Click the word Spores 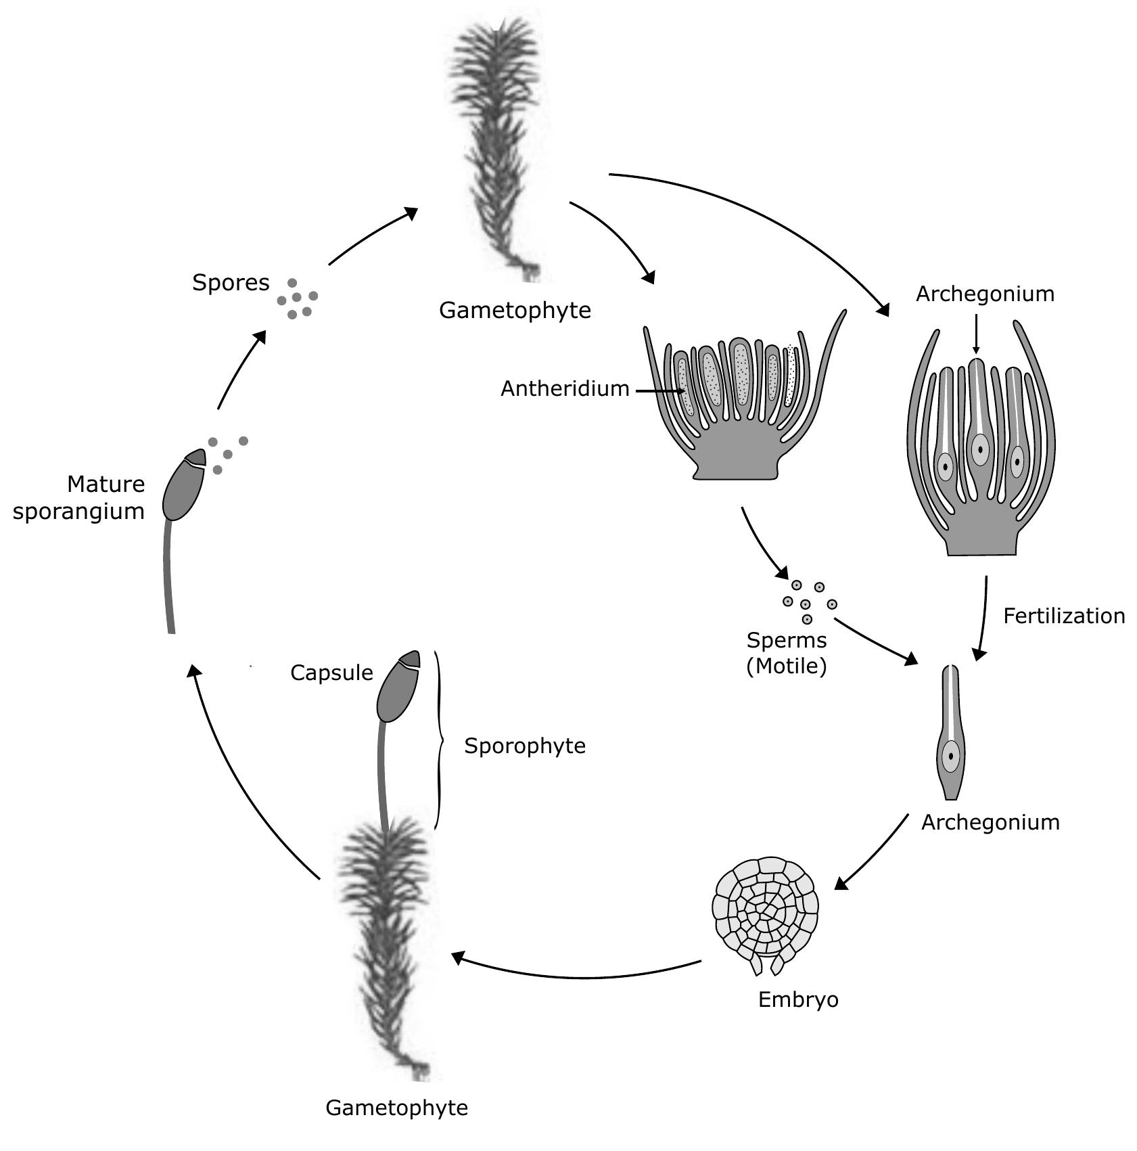click(231, 283)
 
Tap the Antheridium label click(565, 389)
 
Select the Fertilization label click(1063, 616)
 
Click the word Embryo click(798, 1000)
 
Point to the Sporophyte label click(525, 746)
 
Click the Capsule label click(331, 673)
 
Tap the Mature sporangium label click(80, 498)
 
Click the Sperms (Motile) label click(787, 654)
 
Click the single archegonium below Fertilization click(951, 734)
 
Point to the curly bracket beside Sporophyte click(440, 741)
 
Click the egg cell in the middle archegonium click(979, 449)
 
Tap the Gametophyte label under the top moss click(515, 311)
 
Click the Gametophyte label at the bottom click(396, 1108)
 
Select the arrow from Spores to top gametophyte click(372, 236)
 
